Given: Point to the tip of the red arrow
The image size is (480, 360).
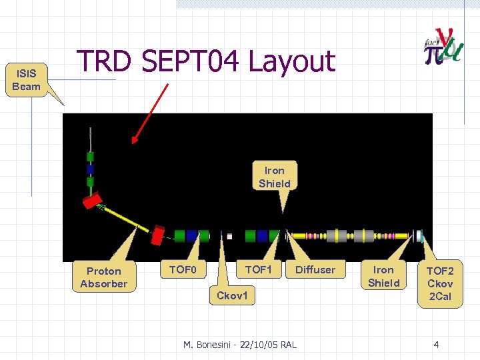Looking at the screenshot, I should pos(133,143).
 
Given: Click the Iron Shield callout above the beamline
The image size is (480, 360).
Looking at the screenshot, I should pos(275,177).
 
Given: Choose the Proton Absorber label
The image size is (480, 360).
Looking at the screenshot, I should pos(103,277).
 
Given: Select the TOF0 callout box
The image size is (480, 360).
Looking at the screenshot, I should pos(181,269).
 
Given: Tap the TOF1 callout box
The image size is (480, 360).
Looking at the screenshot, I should pos(258,269).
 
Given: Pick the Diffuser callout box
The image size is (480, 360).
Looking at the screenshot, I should pos(315,269).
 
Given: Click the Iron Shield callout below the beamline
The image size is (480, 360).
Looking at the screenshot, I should pos(384,277).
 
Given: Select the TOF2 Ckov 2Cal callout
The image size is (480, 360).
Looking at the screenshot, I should pos(440,283).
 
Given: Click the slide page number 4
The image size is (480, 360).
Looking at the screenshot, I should pos(436,345).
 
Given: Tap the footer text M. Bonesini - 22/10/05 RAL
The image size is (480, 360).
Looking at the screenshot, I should pos(240,345).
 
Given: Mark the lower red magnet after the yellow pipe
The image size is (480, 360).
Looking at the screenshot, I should pos(159,235).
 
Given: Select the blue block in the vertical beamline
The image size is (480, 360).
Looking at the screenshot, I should pos(90,169).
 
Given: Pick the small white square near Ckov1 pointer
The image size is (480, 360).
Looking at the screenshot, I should pos(229,236).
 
